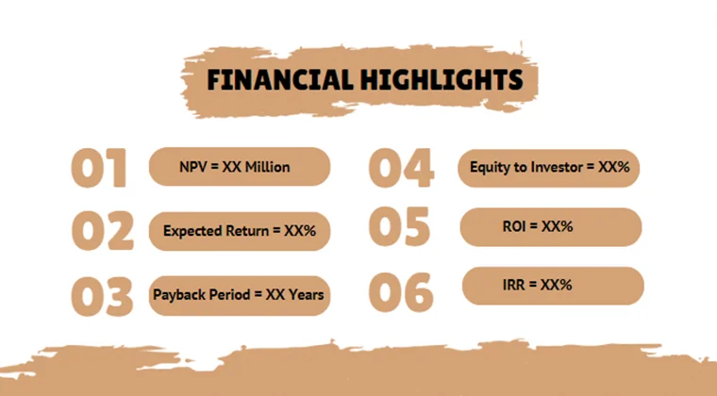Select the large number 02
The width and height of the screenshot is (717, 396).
[102, 231]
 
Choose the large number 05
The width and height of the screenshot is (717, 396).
[399, 228]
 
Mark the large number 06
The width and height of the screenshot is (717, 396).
[400, 291]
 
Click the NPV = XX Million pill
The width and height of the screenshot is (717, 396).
[240, 167]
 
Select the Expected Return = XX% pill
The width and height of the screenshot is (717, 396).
[240, 230]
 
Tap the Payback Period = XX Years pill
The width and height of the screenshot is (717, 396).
[239, 294]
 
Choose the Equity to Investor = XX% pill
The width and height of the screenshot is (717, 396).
[550, 167]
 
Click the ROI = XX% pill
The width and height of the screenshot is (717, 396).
[551, 227]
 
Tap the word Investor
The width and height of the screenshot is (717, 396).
[556, 167]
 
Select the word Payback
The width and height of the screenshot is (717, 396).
[179, 294]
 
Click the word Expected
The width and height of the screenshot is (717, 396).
[191, 230]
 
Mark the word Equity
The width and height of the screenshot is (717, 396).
[491, 167]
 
